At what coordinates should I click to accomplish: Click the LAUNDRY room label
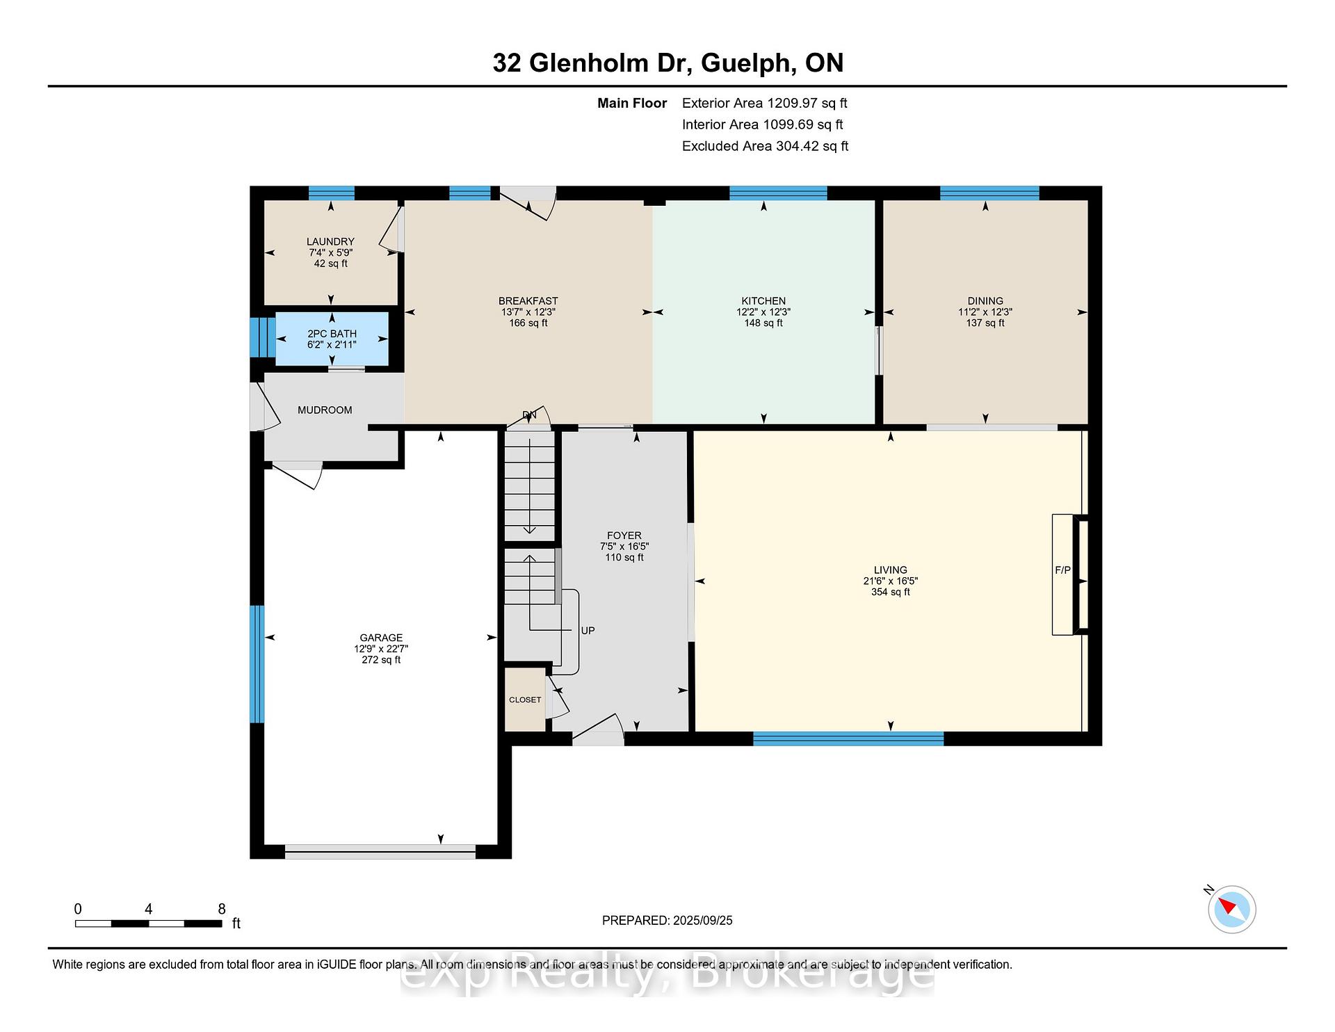point(330,242)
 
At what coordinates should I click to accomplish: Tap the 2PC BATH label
point(332,334)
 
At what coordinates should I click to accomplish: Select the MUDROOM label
point(325,410)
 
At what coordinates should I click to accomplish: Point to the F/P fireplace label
point(1062,570)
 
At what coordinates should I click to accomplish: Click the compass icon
point(1231,909)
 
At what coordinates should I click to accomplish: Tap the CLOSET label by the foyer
point(525,700)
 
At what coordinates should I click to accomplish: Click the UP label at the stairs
point(588,631)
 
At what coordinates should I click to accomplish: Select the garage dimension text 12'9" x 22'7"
point(381,649)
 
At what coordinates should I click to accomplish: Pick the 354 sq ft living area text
point(891,592)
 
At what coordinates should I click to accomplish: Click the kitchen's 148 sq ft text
point(763,323)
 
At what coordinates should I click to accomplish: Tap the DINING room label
point(985,301)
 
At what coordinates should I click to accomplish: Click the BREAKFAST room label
point(528,301)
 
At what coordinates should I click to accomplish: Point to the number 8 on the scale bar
point(222,909)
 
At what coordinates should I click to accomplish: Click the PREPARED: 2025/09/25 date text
point(667,921)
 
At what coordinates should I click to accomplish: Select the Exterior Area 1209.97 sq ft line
point(765,104)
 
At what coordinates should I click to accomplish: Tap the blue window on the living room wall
point(848,739)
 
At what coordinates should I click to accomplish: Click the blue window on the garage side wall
point(257,664)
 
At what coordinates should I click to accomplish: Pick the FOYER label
point(624,535)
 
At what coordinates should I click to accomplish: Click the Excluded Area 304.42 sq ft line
point(766,147)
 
